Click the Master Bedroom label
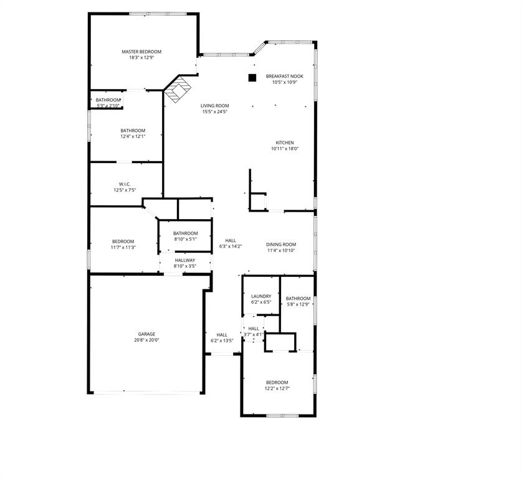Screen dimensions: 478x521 (x=141, y=52)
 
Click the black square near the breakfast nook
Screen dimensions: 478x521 (x=252, y=78)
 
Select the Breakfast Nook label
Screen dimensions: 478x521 (x=285, y=76)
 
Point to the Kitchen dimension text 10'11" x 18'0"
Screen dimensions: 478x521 (x=285, y=149)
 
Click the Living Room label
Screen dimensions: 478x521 (x=214, y=106)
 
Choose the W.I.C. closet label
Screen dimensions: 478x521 (x=124, y=184)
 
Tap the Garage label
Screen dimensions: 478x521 (x=146, y=334)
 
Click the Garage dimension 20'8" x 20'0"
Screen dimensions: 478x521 (x=146, y=340)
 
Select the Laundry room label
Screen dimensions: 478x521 (x=260, y=296)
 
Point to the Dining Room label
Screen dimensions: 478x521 (x=281, y=245)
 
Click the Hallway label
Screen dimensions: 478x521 (x=185, y=260)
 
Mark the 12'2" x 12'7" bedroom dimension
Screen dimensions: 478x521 (x=277, y=388)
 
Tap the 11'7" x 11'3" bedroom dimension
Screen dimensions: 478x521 (x=123, y=247)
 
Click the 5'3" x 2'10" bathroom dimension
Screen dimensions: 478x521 (x=108, y=106)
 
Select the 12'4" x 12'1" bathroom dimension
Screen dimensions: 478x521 (x=133, y=136)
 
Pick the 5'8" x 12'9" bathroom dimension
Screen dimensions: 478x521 (x=298, y=304)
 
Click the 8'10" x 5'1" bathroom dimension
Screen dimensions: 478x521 (x=185, y=239)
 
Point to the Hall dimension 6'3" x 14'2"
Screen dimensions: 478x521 (x=230, y=246)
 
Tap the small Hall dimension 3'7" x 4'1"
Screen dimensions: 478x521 (x=254, y=334)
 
